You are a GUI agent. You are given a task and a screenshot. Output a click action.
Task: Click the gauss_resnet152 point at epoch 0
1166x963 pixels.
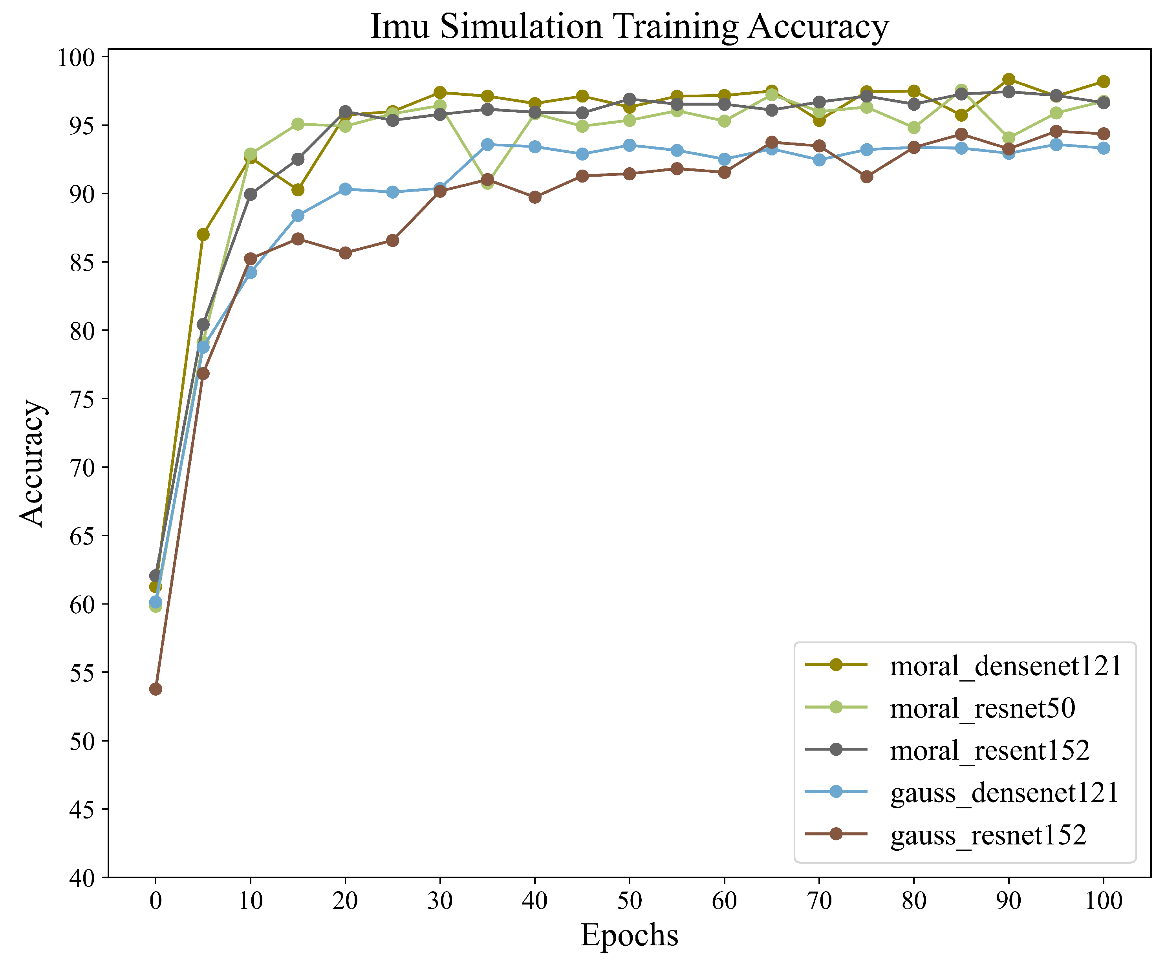click(156, 689)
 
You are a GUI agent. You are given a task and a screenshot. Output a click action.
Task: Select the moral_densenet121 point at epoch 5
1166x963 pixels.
click(203, 235)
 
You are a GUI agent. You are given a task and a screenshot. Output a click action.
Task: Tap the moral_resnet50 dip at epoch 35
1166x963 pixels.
click(487, 183)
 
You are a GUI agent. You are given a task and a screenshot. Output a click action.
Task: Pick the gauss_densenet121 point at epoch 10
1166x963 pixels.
click(250, 272)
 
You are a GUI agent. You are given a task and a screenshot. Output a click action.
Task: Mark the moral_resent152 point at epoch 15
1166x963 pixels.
click(298, 159)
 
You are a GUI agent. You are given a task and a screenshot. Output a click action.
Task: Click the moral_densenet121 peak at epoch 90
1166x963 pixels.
click(1009, 79)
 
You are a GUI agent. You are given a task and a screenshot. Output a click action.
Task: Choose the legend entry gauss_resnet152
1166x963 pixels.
click(988, 835)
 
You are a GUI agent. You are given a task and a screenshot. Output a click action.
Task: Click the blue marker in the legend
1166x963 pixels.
click(836, 791)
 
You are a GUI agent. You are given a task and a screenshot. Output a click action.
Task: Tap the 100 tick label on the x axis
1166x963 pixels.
click(1103, 900)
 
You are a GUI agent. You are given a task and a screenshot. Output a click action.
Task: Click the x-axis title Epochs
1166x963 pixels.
click(629, 935)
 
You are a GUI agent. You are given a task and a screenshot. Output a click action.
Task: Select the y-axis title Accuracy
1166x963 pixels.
click(32, 463)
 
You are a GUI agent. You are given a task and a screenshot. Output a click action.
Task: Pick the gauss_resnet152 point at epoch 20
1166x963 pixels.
click(345, 253)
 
